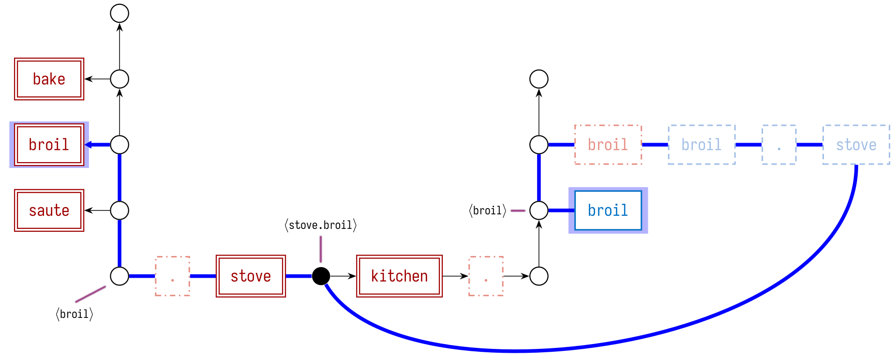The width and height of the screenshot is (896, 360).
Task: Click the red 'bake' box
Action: tap(49, 79)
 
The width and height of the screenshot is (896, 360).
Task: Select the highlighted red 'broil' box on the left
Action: tap(49, 145)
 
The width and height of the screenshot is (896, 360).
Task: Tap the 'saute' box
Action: tap(49, 210)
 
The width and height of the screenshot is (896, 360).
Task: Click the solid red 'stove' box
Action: tap(251, 276)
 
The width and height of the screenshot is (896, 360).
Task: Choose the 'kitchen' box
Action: tap(399, 276)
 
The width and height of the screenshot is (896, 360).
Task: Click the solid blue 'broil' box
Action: tap(608, 210)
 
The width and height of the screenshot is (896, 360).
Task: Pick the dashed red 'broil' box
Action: tap(608, 145)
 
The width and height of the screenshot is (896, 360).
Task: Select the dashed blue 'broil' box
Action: tap(702, 145)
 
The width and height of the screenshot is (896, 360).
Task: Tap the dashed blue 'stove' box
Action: tap(856, 145)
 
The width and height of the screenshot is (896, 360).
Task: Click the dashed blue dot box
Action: tap(779, 145)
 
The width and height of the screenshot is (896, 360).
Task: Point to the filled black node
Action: tap(321, 276)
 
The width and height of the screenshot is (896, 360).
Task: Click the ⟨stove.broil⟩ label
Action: tap(321, 225)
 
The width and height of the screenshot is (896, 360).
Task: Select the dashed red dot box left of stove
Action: tap(172, 276)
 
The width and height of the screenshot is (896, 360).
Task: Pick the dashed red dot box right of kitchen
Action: tap(486, 276)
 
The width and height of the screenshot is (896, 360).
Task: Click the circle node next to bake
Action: tap(119, 79)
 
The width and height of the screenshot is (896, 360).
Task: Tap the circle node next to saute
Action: tap(119, 210)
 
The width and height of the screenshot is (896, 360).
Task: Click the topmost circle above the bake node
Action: tap(119, 13)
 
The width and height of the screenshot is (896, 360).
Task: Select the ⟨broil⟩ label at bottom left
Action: tap(74, 314)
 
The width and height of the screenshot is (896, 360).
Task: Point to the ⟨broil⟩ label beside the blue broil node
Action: tap(487, 210)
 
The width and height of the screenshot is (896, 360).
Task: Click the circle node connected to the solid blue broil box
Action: tap(539, 210)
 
